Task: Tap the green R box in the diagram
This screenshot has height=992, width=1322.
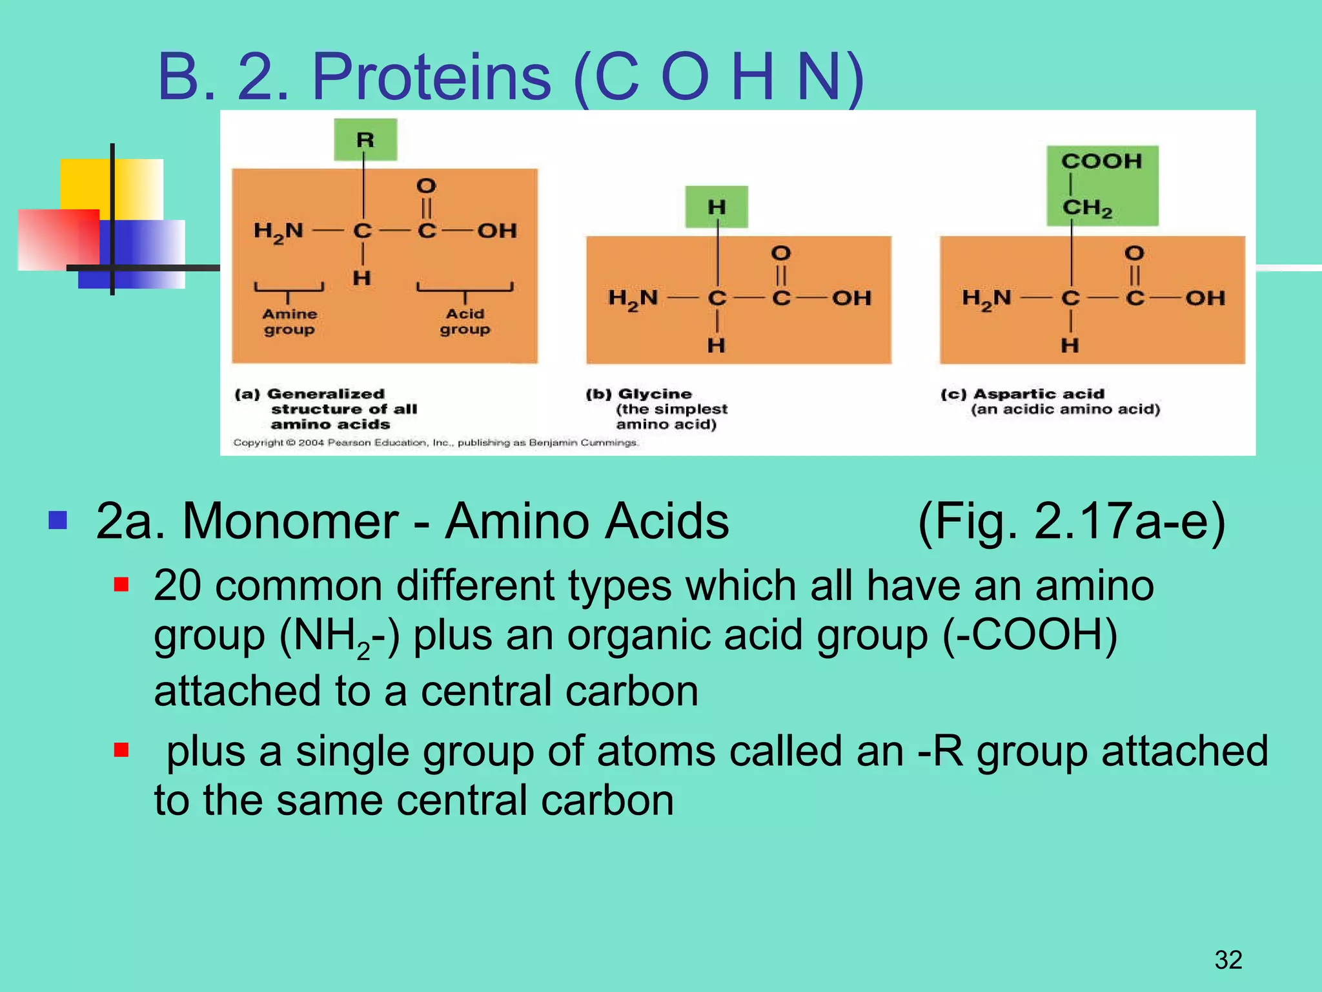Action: click(365, 139)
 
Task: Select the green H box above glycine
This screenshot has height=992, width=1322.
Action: click(717, 207)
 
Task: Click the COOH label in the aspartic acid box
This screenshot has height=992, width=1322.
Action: click(1101, 161)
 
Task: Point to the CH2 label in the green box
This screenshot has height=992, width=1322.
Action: click(1088, 208)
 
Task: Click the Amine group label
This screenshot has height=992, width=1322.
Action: click(289, 322)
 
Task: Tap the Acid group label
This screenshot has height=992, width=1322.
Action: click(465, 322)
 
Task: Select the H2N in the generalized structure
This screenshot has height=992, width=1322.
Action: click(278, 231)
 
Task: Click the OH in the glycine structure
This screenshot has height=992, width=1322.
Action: click(851, 298)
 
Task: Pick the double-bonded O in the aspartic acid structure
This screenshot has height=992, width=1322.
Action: click(1134, 253)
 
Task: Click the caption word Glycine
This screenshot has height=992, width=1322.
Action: click(655, 394)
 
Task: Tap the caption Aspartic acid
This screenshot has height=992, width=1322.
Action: click(1039, 394)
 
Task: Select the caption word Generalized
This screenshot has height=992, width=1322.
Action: click(325, 394)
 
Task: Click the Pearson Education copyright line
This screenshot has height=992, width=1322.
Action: click(436, 443)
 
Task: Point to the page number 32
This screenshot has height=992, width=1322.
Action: click(1228, 960)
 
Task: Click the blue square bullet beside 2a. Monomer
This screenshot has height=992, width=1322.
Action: click(58, 520)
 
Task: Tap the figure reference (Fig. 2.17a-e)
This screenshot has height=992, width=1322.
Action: click(1071, 521)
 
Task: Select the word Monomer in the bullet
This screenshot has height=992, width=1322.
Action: click(290, 521)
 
